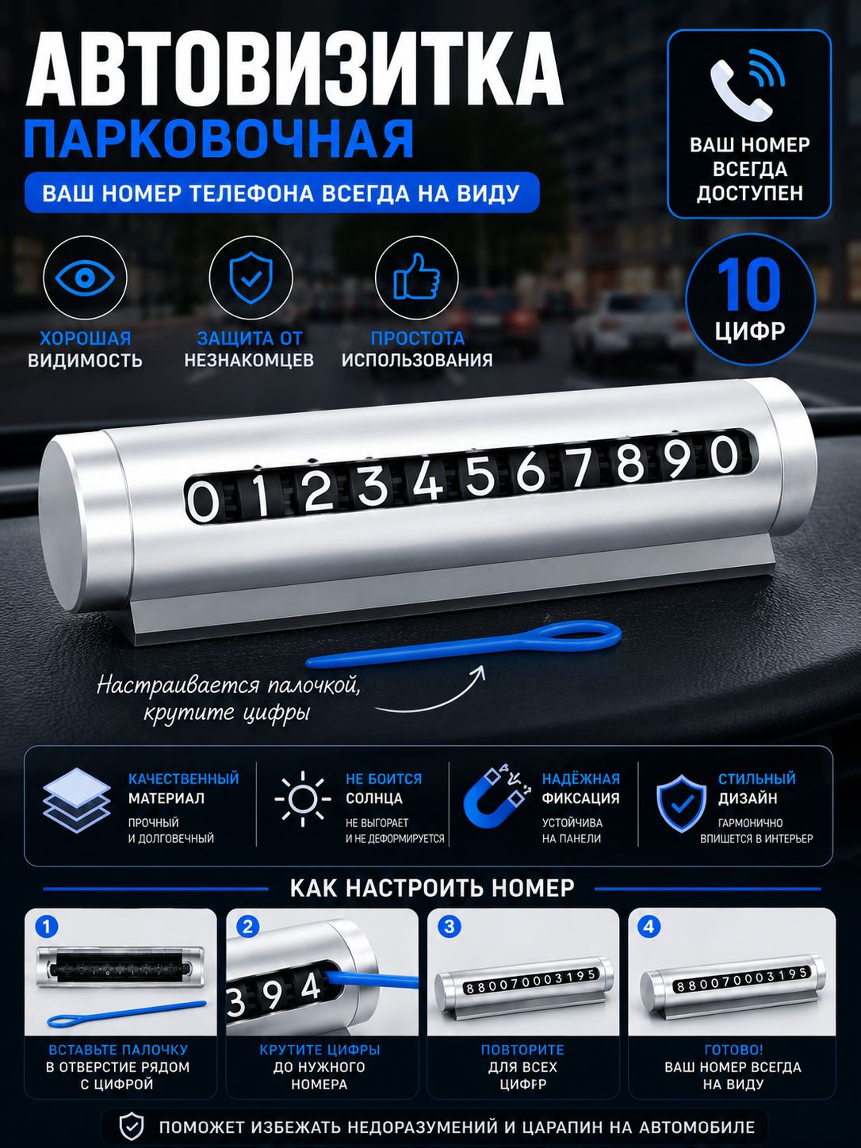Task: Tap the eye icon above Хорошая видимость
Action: click(x=85, y=277)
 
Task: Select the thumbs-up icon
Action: click(x=417, y=277)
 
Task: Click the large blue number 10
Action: click(x=749, y=285)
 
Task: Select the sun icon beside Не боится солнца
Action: click(x=303, y=798)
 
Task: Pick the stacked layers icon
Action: click(x=77, y=800)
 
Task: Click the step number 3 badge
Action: click(x=449, y=927)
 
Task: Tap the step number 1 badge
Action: click(x=46, y=927)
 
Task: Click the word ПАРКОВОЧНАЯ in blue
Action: click(x=219, y=139)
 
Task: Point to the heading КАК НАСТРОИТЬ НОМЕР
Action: click(x=432, y=888)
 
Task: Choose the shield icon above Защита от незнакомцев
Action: click(x=251, y=277)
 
